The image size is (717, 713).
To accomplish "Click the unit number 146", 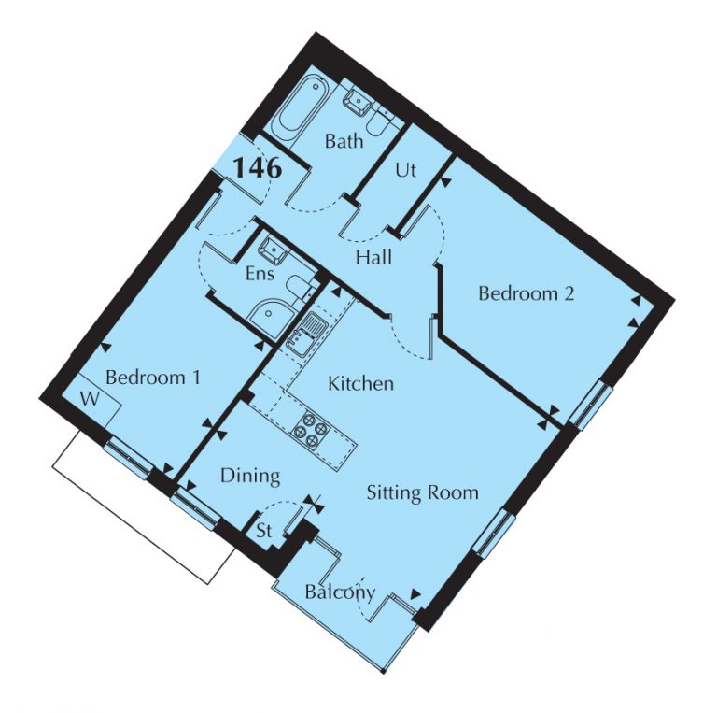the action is [258, 167].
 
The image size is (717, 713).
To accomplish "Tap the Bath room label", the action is [344, 141].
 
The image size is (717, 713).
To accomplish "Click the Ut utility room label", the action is [405, 170].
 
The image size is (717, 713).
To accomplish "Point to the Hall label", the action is [373, 258].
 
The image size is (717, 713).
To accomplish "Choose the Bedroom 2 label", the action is [526, 292].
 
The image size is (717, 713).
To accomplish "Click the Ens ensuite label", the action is [260, 274].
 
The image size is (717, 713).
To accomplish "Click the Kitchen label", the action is [360, 383].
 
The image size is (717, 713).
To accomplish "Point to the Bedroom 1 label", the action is [153, 378].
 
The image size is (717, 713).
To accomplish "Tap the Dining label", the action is [250, 476].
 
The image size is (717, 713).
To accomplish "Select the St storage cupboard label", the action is [264, 531].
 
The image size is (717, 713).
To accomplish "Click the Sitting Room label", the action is [423, 493].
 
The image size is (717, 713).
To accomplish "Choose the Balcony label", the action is [340, 592].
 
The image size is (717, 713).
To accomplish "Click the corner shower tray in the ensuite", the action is [273, 315].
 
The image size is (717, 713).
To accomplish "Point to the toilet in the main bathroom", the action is [380, 121].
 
